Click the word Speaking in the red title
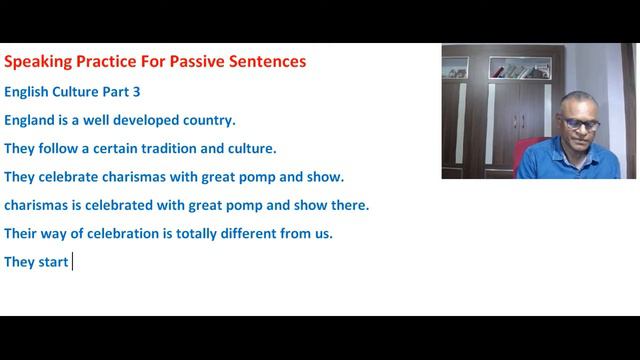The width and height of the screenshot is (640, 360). click(x=39, y=62)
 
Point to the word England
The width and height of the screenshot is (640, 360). click(x=30, y=120)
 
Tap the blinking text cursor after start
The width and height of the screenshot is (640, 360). click(x=73, y=263)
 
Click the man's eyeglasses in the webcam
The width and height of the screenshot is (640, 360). click(x=580, y=124)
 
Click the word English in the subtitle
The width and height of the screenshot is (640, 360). click(x=27, y=91)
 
